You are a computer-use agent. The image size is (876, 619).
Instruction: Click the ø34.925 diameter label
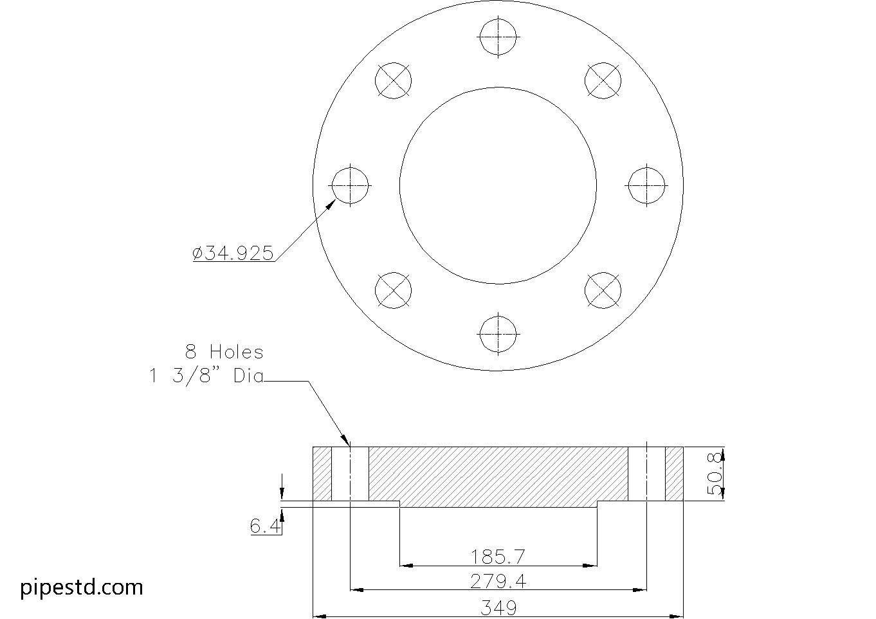point(233,254)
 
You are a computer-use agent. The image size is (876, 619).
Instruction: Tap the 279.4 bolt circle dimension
point(498,582)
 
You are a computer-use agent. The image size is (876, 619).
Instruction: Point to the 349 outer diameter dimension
point(498,607)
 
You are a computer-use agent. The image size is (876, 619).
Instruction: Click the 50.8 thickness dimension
point(715,474)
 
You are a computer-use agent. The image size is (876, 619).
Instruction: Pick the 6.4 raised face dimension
point(264,527)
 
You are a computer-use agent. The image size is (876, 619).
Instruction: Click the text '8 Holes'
point(224,352)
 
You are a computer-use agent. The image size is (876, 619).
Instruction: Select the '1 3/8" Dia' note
point(206,376)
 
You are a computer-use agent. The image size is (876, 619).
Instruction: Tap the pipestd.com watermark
point(82,587)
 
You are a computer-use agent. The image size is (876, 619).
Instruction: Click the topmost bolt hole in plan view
point(498,37)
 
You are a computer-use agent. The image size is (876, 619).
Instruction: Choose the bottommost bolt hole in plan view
point(498,334)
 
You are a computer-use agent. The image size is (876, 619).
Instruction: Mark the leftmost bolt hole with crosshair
point(350,185)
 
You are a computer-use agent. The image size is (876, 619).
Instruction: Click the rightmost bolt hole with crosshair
point(646,185)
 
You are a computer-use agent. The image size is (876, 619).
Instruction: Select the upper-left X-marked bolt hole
point(393,80)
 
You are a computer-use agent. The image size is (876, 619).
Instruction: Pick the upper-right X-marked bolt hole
point(603,80)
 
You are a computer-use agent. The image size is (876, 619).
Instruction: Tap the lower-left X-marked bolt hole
point(393,290)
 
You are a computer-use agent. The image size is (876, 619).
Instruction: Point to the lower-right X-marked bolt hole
point(603,290)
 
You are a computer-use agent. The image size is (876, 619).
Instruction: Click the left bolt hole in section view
point(350,474)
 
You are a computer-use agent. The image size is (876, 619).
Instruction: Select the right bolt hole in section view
point(646,474)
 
